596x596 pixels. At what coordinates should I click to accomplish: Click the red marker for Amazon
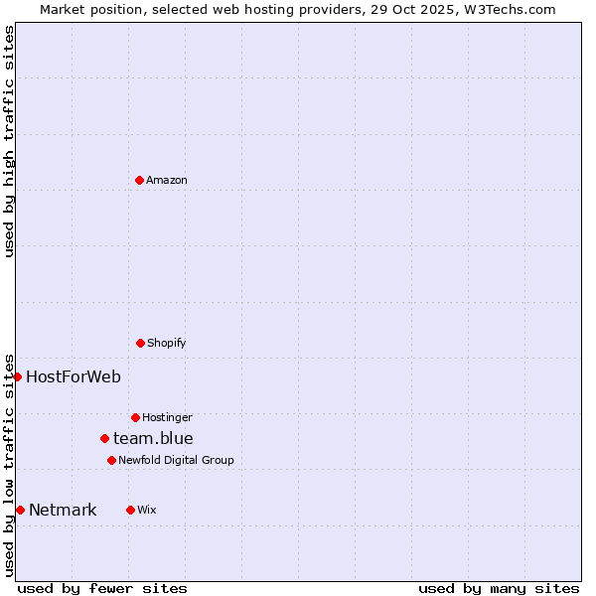pos(139,180)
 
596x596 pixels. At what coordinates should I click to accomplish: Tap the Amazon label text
pos(167,181)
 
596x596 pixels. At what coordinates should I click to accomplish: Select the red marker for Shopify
pos(140,343)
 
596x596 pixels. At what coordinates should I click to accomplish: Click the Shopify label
pos(167,344)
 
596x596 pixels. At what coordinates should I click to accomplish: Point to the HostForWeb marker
pos(17,376)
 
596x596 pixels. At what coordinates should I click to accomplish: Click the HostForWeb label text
pos(74,376)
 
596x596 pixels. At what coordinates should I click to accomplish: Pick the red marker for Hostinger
pos(135,417)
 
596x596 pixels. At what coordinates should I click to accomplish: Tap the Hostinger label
pos(167,418)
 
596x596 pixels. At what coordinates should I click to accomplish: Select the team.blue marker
pos(104,438)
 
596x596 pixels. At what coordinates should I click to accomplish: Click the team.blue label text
pos(153,438)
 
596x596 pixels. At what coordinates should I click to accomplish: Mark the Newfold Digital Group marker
pos(111,460)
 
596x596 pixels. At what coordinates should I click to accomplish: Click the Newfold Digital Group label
pos(176,461)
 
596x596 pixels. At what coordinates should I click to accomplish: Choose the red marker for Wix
pos(130,510)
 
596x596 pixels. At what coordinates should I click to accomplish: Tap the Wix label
pos(147,511)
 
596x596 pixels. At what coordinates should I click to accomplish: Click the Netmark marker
pos(20,510)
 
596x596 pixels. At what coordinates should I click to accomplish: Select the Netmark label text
pos(63,511)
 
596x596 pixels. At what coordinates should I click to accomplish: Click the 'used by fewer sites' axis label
pos(102,588)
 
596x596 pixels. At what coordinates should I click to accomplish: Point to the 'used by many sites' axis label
pos(499,588)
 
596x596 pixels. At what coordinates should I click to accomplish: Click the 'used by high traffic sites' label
pos(9,141)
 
